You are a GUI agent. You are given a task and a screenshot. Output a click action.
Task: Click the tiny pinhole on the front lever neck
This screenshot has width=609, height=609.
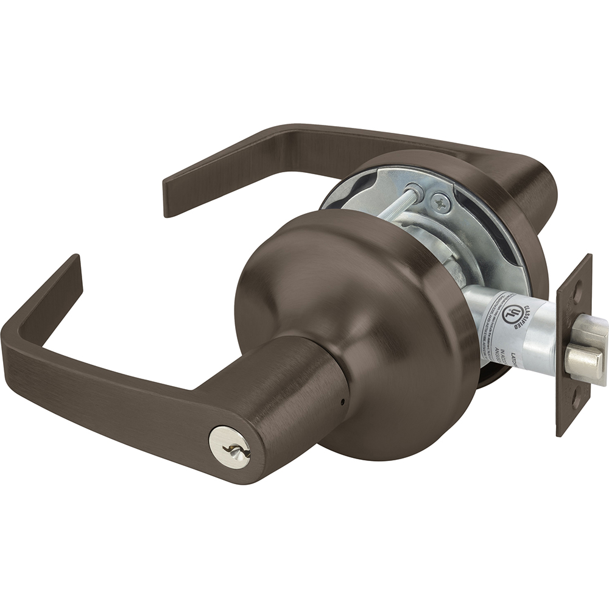342,402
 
